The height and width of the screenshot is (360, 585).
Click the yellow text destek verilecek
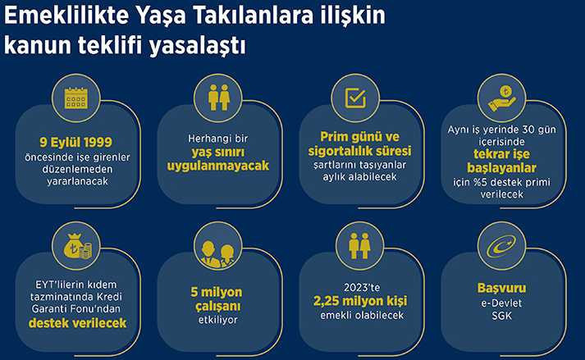[x=78, y=323]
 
